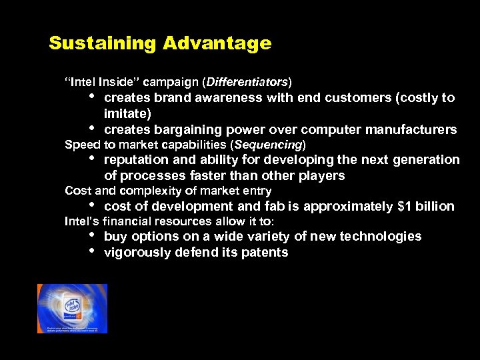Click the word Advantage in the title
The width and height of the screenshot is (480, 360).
coord(217,44)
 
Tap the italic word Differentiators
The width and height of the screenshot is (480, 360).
coord(248,83)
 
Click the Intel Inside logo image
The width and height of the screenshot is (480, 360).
coord(72,308)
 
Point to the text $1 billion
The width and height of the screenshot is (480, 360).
coord(426,207)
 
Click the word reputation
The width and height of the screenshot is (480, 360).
coord(135,160)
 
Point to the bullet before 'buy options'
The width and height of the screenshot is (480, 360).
coord(91,235)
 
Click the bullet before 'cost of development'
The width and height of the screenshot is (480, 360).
coord(91,205)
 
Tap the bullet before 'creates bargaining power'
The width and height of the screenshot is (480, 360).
coord(91,128)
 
